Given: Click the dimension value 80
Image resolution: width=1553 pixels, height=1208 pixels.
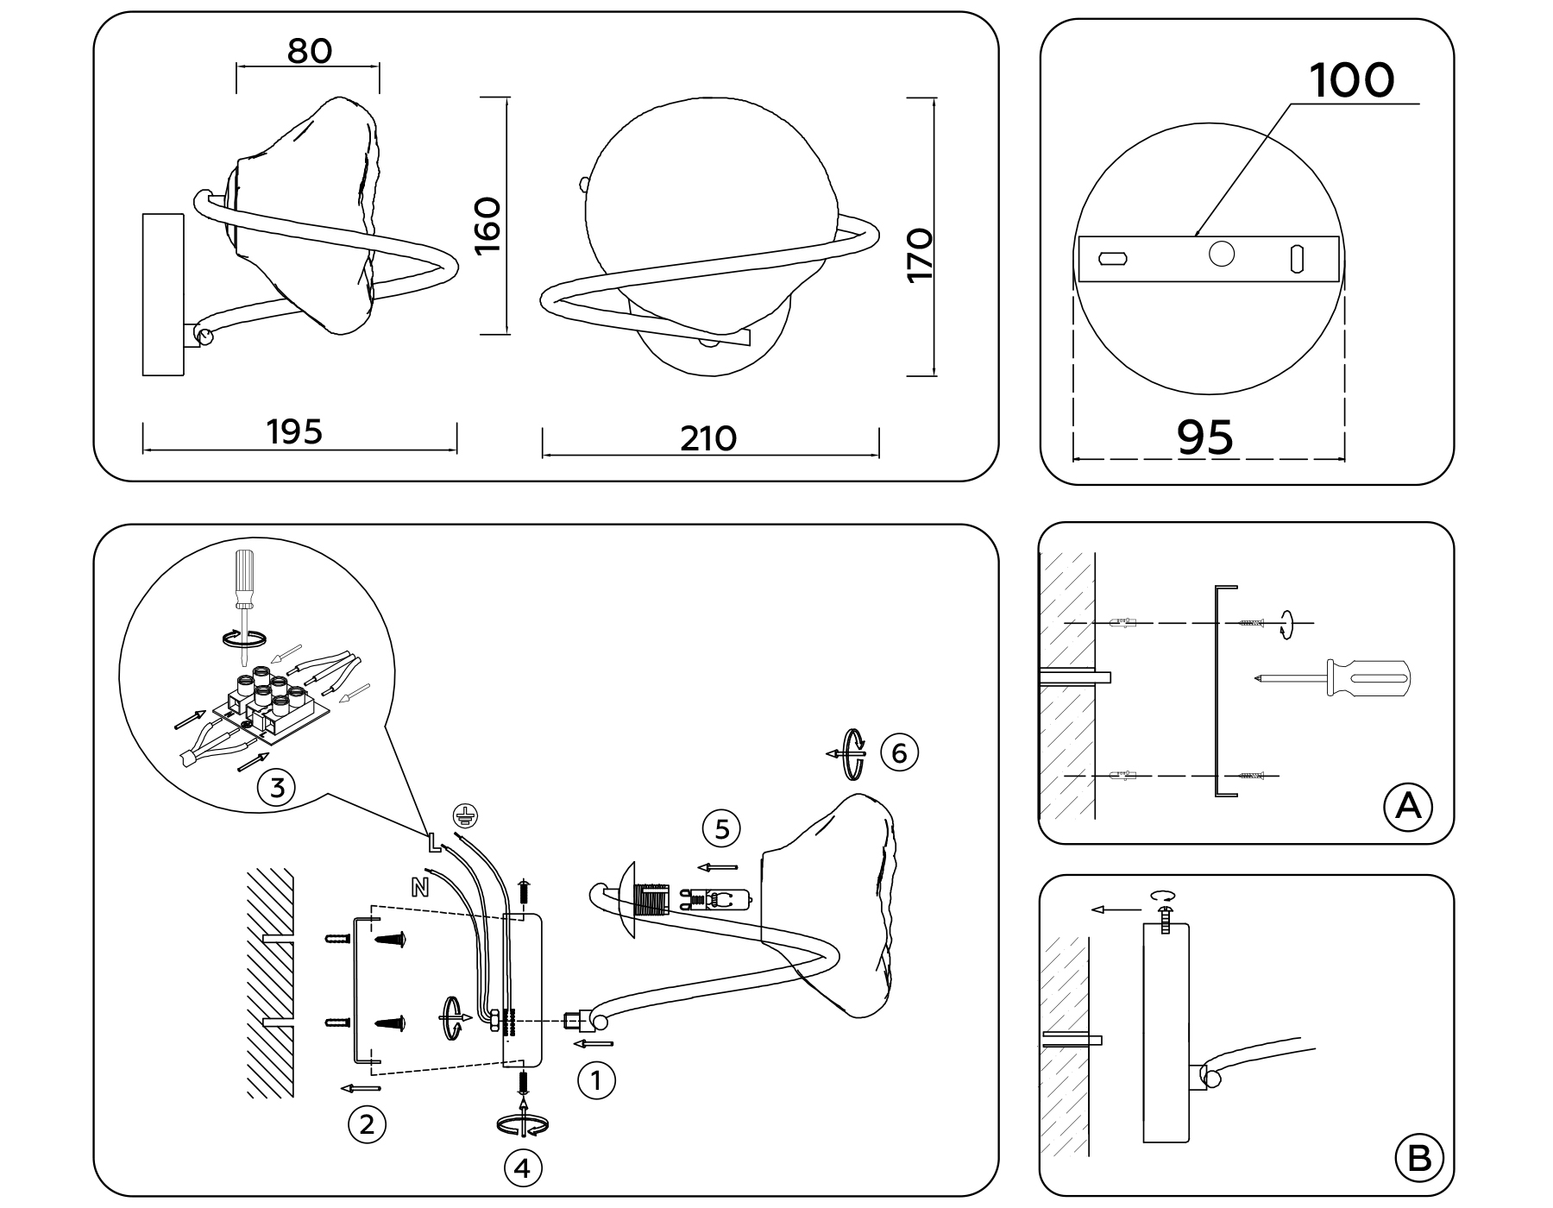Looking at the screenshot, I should point(309,52).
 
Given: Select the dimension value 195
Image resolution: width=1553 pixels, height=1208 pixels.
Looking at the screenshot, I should point(294,431).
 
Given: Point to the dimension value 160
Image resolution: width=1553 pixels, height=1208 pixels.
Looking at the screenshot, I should point(488,225).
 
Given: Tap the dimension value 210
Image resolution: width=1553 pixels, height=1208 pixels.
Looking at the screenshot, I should point(708,438).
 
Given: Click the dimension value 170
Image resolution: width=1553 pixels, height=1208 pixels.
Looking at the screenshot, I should point(921,254).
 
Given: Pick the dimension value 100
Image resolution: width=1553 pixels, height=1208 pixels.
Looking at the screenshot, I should point(1351,80).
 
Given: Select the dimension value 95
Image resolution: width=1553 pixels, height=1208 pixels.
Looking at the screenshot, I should point(1205,437).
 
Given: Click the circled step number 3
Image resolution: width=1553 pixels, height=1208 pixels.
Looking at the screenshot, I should point(277,787).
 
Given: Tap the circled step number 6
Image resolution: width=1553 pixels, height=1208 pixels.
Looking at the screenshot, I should point(899,753).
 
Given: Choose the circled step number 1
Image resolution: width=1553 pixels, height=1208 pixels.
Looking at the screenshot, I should point(595,1079).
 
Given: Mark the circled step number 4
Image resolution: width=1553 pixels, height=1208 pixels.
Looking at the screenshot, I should point(522,1168).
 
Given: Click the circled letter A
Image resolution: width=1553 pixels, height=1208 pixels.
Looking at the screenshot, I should point(1407,807).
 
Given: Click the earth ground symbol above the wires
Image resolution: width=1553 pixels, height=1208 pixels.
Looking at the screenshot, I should point(466,814).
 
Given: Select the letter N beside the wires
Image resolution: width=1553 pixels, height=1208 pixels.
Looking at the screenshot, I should point(420,887).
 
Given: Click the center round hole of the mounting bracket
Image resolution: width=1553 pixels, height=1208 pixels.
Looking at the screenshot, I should point(1221,254).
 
